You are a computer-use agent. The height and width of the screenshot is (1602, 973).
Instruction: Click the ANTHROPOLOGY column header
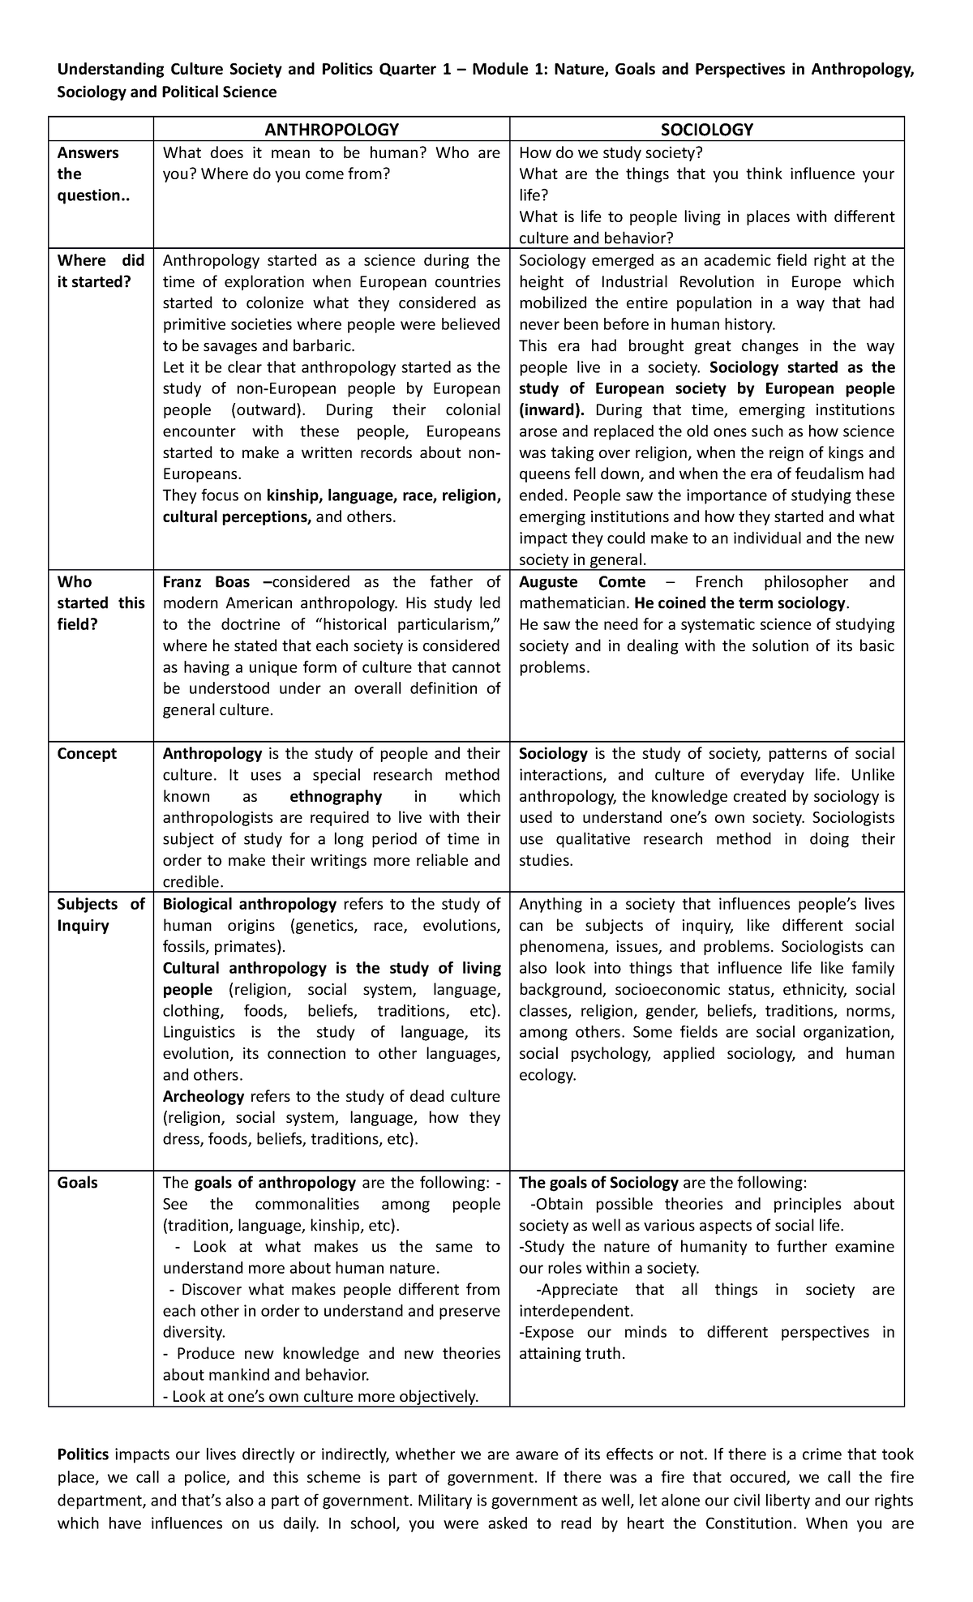tap(332, 130)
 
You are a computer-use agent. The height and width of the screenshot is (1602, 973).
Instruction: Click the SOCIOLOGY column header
tap(706, 130)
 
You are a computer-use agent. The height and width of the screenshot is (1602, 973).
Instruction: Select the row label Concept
tap(87, 754)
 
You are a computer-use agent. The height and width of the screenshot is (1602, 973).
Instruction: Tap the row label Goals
tap(78, 1183)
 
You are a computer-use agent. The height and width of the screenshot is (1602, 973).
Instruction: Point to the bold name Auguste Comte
tap(582, 582)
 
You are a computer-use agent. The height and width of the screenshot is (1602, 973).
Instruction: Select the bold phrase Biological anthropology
tap(250, 904)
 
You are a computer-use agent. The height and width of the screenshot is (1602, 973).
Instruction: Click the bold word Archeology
tap(204, 1097)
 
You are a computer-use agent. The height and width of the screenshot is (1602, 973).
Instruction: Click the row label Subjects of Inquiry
tap(100, 915)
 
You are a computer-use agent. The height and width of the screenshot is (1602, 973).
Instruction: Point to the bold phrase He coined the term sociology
tap(740, 604)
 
